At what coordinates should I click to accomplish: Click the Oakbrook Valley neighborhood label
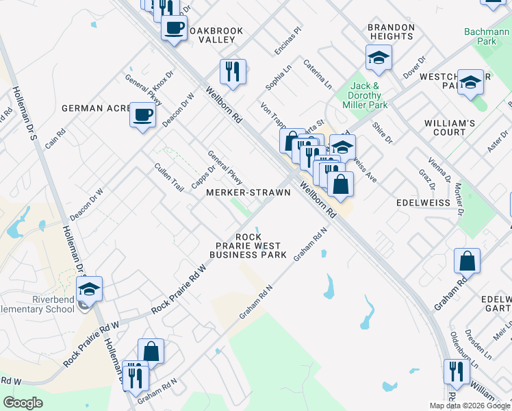217,34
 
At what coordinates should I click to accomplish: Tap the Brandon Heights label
392,32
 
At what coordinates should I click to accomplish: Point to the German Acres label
96,108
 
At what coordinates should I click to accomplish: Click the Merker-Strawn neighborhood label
248,192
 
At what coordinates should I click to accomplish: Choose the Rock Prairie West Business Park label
248,246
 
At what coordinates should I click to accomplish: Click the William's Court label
449,127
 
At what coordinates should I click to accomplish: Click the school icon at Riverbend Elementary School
89,290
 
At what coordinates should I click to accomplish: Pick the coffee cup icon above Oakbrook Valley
174,29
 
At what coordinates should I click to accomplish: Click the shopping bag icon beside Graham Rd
467,261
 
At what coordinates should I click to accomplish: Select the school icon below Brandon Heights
378,58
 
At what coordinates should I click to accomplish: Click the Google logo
23,402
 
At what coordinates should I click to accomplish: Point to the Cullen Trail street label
169,177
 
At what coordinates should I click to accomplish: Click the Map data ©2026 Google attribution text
470,406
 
